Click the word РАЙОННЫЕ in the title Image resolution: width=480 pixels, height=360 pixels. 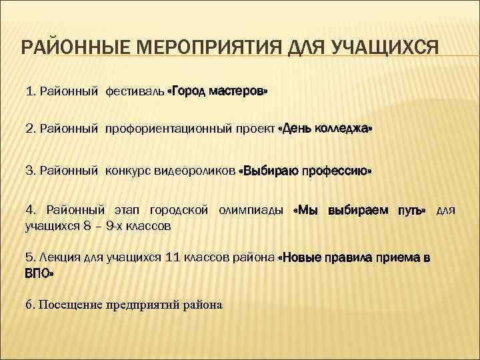pos(71,49)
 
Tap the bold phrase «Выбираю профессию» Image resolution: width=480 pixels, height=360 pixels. pos(305,171)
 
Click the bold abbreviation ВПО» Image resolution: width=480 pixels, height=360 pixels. pos(39,273)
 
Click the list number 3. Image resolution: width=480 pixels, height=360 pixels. pos(30,171)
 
